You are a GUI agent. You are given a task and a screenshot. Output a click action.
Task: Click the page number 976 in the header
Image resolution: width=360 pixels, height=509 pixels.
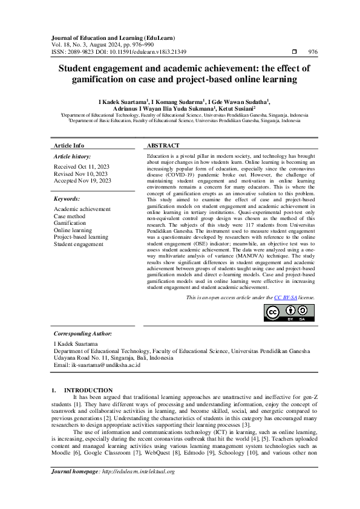(313, 52)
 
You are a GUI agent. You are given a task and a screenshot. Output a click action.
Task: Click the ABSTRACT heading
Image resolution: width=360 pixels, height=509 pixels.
(163, 146)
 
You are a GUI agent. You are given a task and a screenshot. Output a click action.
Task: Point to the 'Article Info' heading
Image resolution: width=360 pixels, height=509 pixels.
(69, 146)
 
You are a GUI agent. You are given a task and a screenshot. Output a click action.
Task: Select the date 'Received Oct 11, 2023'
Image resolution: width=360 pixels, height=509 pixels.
(82, 166)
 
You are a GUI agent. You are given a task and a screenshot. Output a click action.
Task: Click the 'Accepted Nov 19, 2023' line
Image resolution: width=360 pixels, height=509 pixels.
(82, 180)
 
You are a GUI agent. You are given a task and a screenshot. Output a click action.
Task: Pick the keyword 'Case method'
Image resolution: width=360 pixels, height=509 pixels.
(69, 216)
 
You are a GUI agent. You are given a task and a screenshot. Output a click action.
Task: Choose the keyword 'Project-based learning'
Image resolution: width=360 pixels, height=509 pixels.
(80, 237)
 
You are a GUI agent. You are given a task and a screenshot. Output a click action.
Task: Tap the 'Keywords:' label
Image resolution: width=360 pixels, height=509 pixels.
(67, 198)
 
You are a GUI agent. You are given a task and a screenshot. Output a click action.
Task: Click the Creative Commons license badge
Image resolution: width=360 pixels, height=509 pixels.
(289, 313)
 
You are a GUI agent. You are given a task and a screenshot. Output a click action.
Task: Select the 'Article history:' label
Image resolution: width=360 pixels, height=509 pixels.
(71, 156)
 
